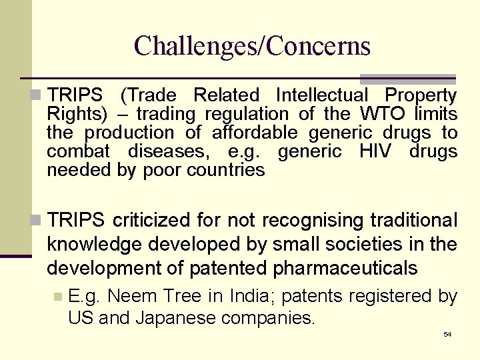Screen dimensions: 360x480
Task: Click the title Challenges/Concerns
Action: tap(252, 46)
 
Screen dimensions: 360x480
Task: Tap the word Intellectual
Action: tap(321, 95)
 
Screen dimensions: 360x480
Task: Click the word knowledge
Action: tap(95, 245)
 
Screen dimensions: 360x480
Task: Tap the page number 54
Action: tap(447, 334)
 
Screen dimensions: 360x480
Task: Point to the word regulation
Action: tap(247, 114)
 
